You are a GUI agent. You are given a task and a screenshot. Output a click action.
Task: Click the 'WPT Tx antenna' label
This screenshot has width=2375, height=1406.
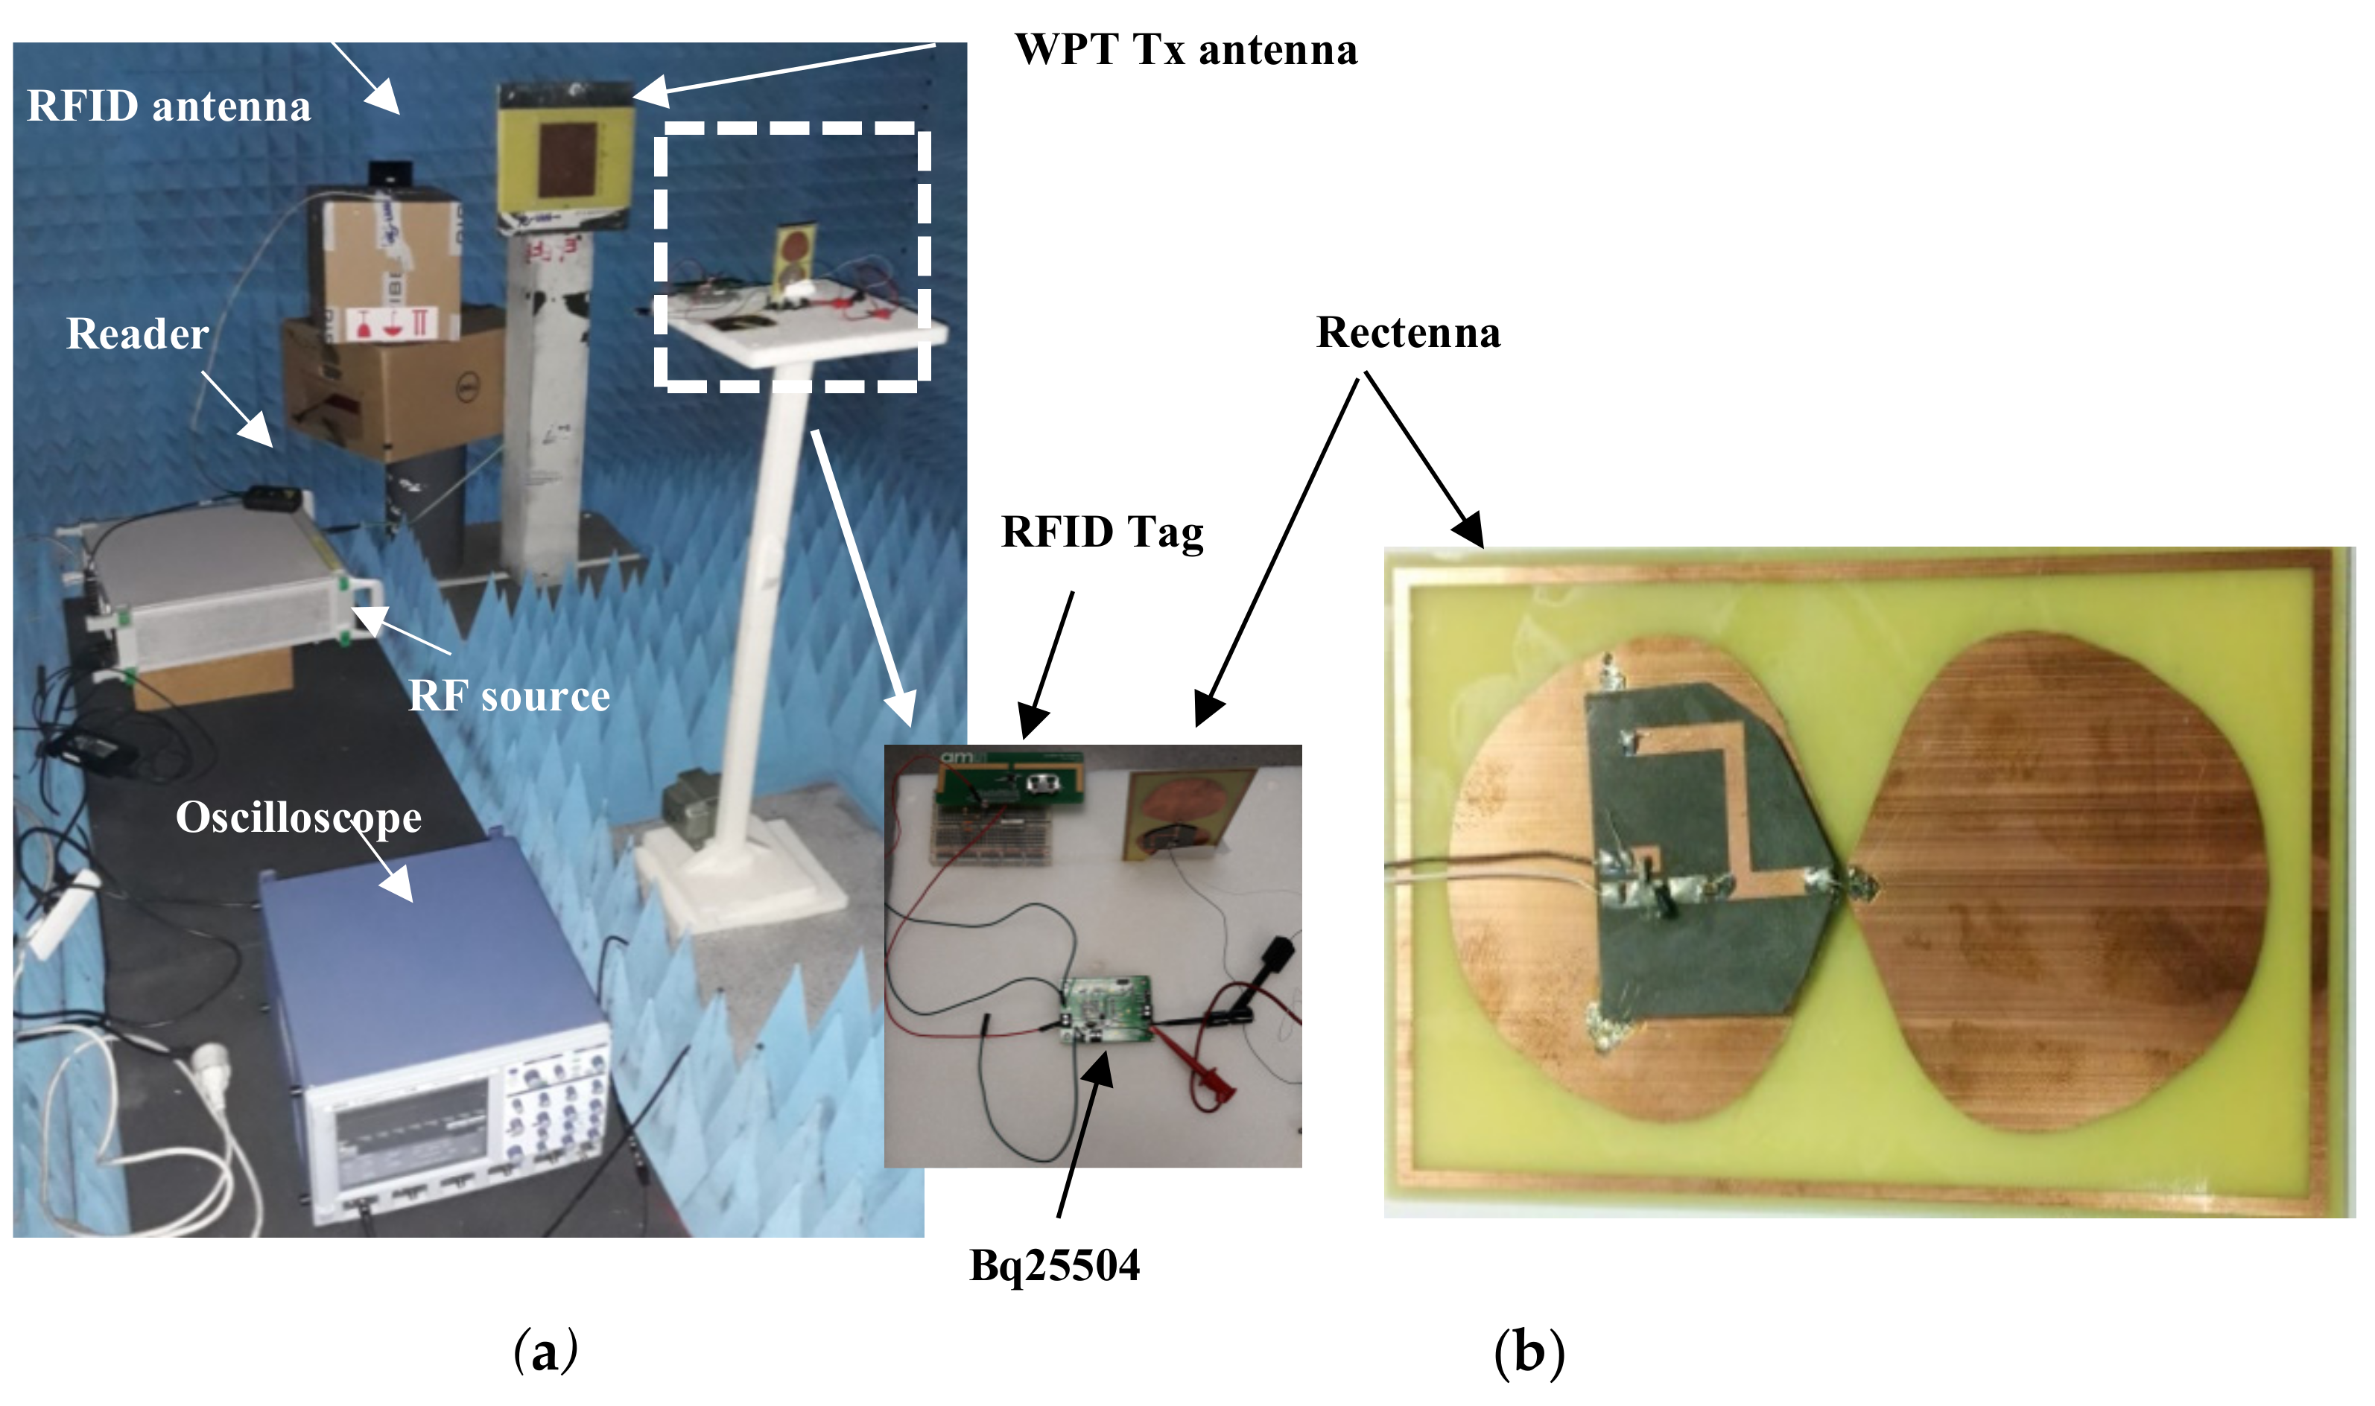coord(1185,49)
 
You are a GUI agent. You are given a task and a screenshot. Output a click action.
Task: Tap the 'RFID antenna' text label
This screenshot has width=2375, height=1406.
coord(168,106)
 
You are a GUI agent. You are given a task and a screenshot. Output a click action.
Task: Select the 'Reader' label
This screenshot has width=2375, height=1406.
coord(137,334)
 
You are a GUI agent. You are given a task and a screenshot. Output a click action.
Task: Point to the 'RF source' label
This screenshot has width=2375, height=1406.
coord(509,696)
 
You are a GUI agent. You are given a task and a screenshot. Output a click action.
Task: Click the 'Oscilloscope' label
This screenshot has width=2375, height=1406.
coord(299,818)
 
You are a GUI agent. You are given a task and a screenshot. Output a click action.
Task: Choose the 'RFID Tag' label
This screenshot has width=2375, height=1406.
coord(1103,532)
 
